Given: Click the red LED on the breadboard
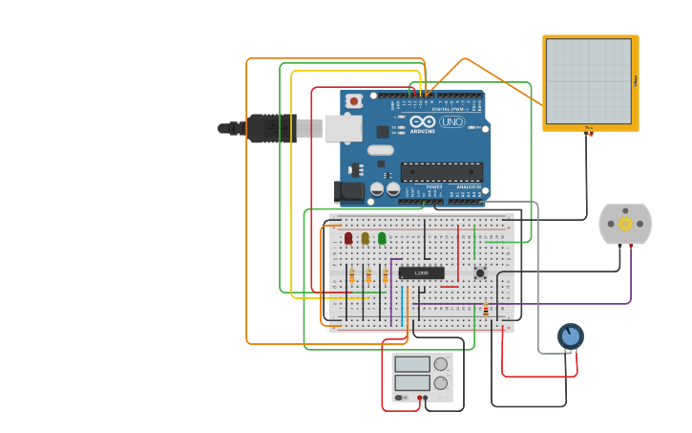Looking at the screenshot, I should pyautogui.click(x=348, y=237).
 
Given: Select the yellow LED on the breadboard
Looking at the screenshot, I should pyautogui.click(x=365, y=237).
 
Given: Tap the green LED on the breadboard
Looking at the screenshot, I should pyautogui.click(x=382, y=237).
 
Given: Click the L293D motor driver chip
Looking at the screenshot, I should pyautogui.click(x=421, y=273).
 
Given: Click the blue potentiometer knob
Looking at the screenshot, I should pyautogui.click(x=571, y=336).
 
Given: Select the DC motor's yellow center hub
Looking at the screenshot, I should pyautogui.click(x=625, y=224).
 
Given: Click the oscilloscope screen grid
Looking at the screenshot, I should pyautogui.click(x=588, y=81).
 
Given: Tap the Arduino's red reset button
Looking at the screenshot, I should pyautogui.click(x=354, y=100).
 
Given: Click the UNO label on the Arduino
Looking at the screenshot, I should pyautogui.click(x=451, y=122).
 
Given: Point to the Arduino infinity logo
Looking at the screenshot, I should pyautogui.click(x=421, y=121).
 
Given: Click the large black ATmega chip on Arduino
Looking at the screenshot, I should pyautogui.click(x=441, y=172).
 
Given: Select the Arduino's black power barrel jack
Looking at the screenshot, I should pyautogui.click(x=350, y=191).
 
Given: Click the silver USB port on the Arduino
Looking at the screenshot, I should pyautogui.click(x=343, y=128).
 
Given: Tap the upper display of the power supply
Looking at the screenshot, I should pyautogui.click(x=412, y=364).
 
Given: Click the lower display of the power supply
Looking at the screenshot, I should pyautogui.click(x=412, y=382).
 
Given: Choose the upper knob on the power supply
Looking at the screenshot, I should pyautogui.click(x=440, y=364).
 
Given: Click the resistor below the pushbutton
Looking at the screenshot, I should pyautogui.click(x=485, y=309).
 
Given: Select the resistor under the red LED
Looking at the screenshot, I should pyautogui.click(x=351, y=276).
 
